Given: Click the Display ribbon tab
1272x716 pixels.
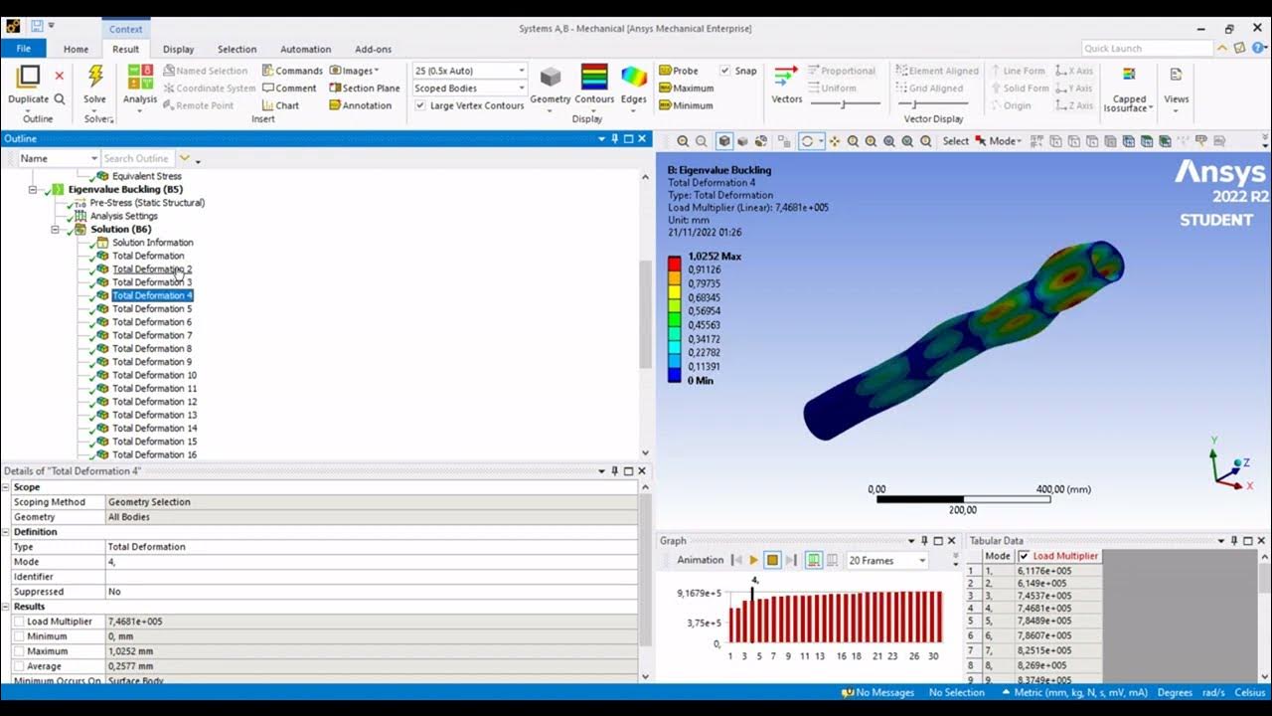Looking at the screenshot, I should [x=179, y=49].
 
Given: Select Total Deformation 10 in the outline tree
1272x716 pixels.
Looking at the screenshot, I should [x=154, y=375].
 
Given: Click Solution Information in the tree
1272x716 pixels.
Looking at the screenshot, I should [x=152, y=243].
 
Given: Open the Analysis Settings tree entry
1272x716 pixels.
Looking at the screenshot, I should [x=123, y=216].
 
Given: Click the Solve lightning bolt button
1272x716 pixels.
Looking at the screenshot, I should [x=95, y=79].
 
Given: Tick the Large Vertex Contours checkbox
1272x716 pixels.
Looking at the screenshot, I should [x=420, y=105].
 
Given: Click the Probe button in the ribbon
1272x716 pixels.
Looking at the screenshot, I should [x=685, y=71].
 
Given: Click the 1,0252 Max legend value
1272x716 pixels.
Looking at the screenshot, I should [x=714, y=257].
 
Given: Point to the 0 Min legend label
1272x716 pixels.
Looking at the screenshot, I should [x=700, y=381].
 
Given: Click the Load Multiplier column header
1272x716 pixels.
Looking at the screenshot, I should [x=1065, y=556].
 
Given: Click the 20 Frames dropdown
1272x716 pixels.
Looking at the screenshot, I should [x=886, y=561].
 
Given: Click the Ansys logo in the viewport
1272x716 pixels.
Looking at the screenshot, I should [x=1221, y=175].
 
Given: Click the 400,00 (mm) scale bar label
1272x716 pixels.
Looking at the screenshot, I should [x=1063, y=489].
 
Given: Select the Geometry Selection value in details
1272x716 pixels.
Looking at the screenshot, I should [x=149, y=502].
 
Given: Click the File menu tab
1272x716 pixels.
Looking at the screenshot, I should [x=23, y=49].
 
